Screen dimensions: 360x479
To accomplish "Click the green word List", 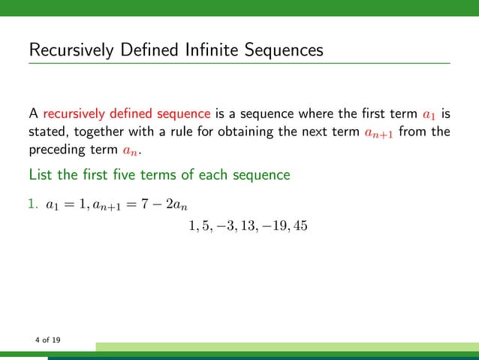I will click(x=40, y=175).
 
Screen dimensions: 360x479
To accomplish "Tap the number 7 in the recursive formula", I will click(x=146, y=203).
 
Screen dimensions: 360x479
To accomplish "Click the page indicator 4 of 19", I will click(x=48, y=340).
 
